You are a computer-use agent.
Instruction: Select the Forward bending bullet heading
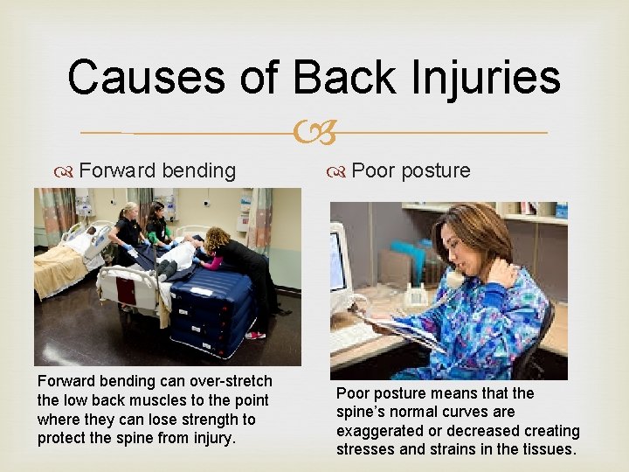click(x=156, y=170)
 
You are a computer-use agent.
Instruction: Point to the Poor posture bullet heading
click(x=411, y=170)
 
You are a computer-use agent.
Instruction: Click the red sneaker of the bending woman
click(x=254, y=335)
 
